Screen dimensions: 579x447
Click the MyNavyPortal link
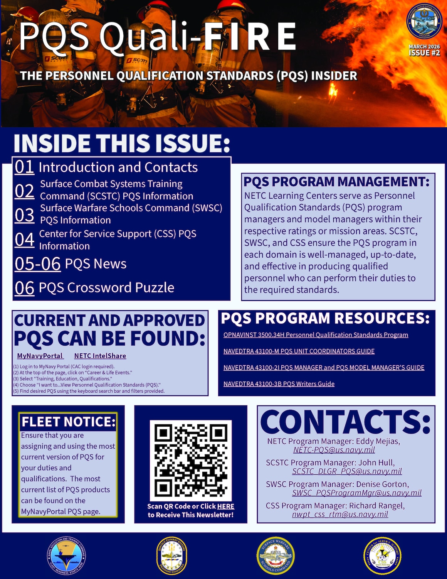point(40,356)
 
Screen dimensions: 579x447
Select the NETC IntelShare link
point(100,356)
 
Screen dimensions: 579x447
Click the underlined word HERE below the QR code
point(225,506)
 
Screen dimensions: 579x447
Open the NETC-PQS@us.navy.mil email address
point(334,450)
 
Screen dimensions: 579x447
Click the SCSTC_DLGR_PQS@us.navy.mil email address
point(347,471)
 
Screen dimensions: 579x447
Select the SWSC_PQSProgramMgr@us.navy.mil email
point(356,493)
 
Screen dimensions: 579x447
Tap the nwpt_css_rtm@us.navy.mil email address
point(340,514)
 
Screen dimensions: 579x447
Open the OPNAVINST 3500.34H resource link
point(316,335)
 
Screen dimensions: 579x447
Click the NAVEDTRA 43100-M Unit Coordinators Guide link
point(299,351)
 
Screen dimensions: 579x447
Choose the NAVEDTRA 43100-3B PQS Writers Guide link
point(279,384)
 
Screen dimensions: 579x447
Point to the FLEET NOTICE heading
point(68,422)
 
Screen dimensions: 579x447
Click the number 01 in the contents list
point(24,167)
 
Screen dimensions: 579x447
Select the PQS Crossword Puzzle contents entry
point(106,288)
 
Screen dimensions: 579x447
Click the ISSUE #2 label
point(424,53)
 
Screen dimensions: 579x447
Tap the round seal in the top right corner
point(424,21)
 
